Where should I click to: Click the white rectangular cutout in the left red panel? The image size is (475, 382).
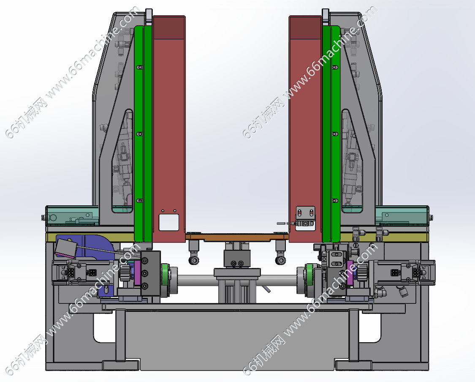[x=169, y=222]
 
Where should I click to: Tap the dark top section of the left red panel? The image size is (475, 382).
[x=169, y=27]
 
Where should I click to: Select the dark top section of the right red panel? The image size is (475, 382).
[x=305, y=27]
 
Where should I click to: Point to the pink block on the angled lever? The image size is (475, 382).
[x=65, y=248]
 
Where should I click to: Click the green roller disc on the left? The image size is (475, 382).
[x=166, y=274]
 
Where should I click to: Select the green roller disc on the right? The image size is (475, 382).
[x=309, y=274]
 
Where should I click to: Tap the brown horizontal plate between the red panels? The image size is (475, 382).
[x=236, y=237]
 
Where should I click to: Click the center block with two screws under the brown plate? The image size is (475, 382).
[x=237, y=259]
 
